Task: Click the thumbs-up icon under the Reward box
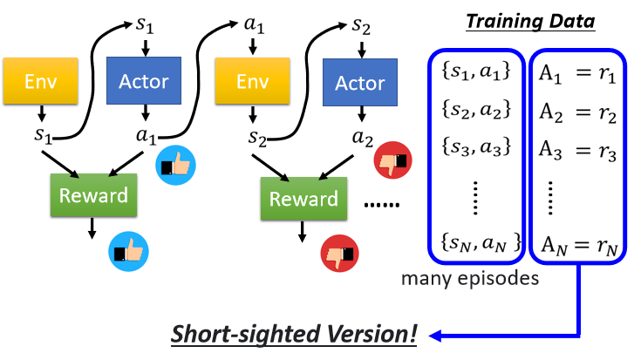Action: (x=124, y=254)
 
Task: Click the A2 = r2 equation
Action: (x=576, y=109)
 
